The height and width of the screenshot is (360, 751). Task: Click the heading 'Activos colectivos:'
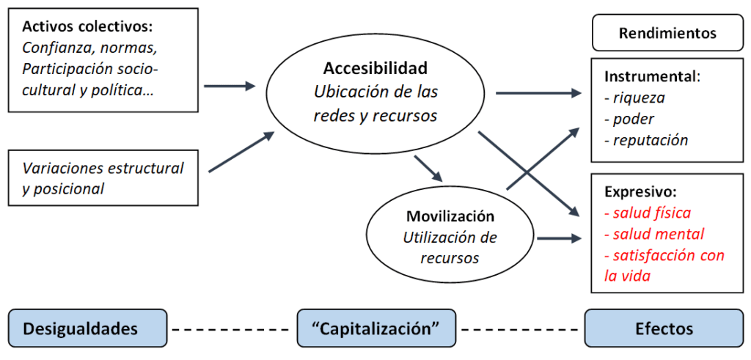point(87,27)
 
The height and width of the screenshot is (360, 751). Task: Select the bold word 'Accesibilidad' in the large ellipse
point(375,69)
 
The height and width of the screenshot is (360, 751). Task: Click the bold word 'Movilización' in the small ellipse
point(450,217)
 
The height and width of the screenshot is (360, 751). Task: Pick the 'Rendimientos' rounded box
point(667,33)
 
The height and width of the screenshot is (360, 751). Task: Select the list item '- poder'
point(629,119)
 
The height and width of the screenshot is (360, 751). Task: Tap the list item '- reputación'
point(645,140)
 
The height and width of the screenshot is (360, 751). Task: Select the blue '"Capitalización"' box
point(376,328)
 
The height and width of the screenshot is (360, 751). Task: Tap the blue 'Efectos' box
point(664,328)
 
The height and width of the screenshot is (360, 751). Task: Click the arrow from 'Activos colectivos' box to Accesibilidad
point(230,87)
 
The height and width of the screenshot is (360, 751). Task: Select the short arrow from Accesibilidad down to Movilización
point(428,169)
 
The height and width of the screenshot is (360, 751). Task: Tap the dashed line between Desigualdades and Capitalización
point(232,328)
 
